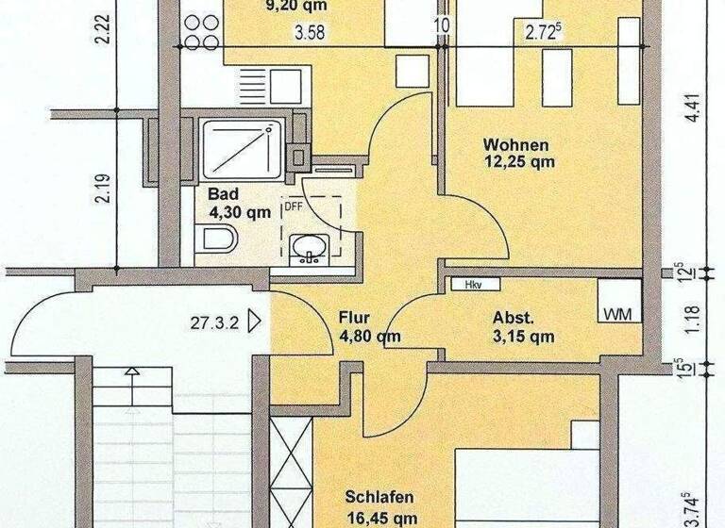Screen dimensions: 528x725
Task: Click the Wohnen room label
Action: pos(515,145)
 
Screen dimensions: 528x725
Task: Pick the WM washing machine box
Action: pos(618,312)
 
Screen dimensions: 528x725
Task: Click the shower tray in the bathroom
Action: pos(241,149)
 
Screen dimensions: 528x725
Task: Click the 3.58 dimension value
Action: pos(309,36)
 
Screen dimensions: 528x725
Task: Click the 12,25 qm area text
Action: pos(515,162)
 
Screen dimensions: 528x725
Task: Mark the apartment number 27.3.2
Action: pos(212,322)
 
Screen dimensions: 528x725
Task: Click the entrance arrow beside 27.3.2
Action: pos(253,322)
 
